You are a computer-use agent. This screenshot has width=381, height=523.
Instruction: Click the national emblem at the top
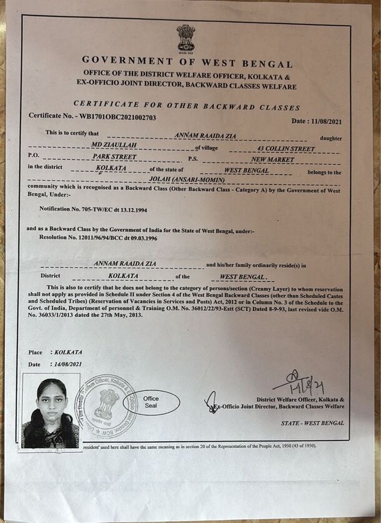coord(186,38)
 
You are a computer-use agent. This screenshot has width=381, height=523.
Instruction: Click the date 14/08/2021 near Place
coord(68,364)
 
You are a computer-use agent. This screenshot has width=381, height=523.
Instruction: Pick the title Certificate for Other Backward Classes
coord(187,106)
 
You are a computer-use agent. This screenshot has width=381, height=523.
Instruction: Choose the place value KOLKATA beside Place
coord(68,352)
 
